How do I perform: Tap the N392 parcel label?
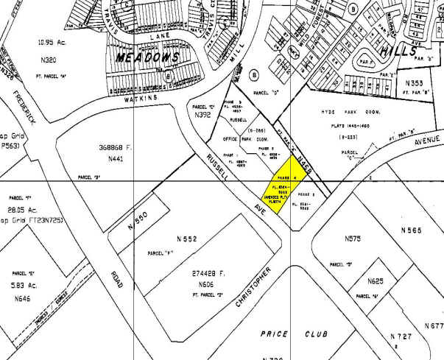202,115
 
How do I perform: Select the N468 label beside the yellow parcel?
308,156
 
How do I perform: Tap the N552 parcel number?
187,239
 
